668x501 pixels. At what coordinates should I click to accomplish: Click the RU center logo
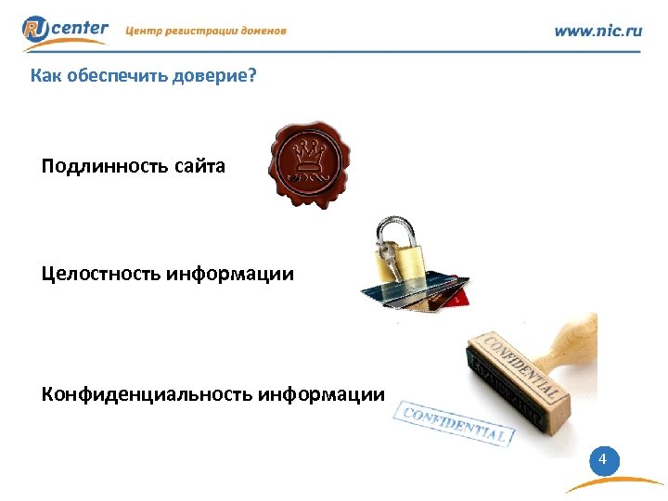point(65,32)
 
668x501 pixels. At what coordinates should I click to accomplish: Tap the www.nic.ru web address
point(597,31)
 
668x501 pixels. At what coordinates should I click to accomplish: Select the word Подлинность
point(104,167)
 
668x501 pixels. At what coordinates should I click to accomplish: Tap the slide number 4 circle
point(604,460)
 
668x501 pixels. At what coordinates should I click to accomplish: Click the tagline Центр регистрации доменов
point(206,31)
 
